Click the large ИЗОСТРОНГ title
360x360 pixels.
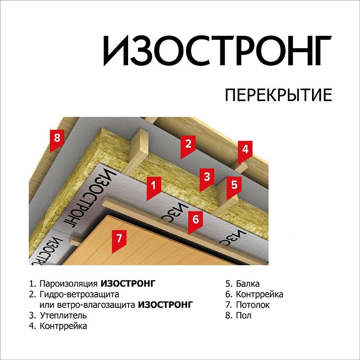(x=217, y=51)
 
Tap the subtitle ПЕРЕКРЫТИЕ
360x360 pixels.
(x=279, y=95)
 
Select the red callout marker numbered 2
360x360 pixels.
(x=188, y=147)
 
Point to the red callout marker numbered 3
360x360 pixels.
(x=207, y=179)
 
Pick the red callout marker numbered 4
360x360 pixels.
(x=245, y=152)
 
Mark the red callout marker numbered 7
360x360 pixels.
(x=119, y=241)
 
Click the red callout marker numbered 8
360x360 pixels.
(x=57, y=141)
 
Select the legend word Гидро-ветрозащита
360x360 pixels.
(x=79, y=294)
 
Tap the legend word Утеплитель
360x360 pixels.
(x=63, y=315)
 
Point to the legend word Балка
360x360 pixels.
(x=248, y=284)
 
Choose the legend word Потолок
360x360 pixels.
(x=253, y=305)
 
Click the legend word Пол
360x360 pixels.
(x=244, y=315)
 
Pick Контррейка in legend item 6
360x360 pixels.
(x=260, y=294)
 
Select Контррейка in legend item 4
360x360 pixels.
(x=63, y=326)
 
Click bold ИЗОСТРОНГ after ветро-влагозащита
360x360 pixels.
(x=166, y=305)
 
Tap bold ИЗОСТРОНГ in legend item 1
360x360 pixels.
(x=128, y=284)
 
